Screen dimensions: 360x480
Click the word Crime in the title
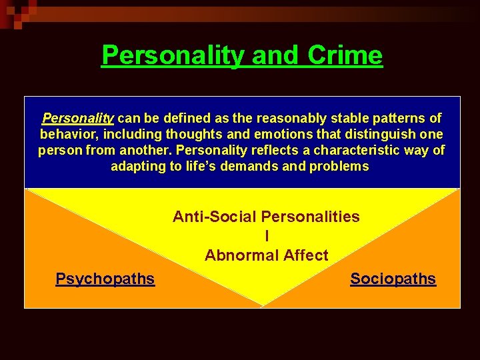coord(345,55)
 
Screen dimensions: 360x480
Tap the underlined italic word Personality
coord(78,119)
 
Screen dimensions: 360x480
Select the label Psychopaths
coord(105,279)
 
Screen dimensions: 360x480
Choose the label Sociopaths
coord(393,279)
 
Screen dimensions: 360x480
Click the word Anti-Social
coord(215,217)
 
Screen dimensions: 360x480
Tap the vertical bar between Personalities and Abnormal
coord(267,236)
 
